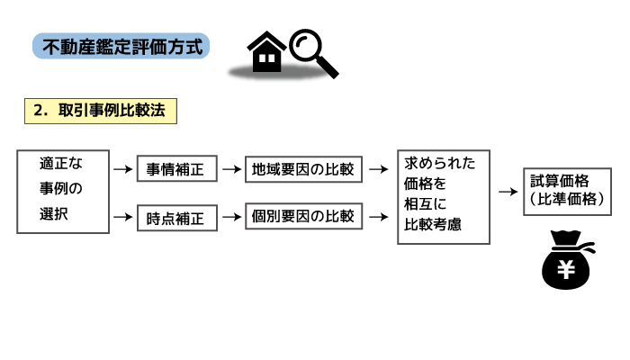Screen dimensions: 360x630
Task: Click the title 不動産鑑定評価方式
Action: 121,46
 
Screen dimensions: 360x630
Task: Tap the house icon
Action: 266,53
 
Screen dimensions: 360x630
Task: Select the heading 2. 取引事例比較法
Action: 99,111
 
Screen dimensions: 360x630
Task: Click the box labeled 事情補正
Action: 176,168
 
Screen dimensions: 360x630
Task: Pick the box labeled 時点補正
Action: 176,217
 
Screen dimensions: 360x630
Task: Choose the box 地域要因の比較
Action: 303,168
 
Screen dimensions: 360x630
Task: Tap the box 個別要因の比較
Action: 303,216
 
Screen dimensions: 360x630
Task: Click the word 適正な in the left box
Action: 61,165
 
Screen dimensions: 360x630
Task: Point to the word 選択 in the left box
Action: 54,216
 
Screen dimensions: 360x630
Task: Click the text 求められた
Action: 441,163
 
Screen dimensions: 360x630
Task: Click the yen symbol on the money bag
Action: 566,268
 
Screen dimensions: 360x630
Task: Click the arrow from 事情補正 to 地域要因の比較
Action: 231,168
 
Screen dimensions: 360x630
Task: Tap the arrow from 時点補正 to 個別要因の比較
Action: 231,217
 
